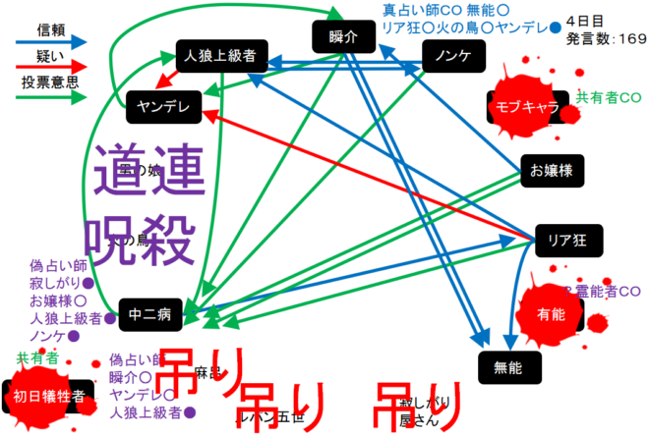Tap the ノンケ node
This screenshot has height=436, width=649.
(451, 57)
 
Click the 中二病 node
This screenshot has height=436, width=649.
(150, 314)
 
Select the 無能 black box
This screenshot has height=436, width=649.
(511, 365)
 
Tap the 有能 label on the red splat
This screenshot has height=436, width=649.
(552, 313)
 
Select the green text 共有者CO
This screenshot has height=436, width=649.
(609, 97)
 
